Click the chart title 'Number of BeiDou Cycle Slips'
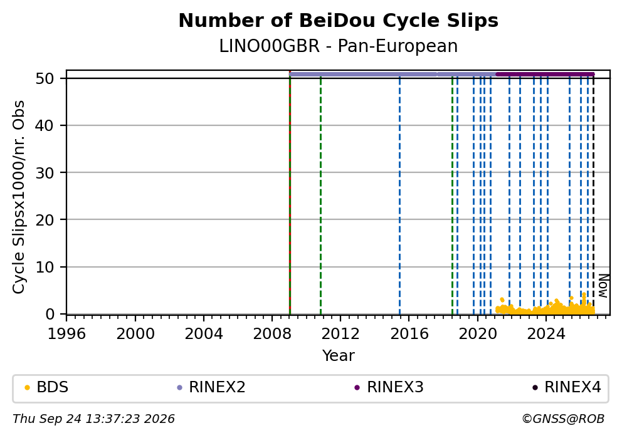point(339,21)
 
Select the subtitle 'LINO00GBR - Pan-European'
point(339,46)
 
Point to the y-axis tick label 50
point(45,78)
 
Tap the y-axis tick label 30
point(45,173)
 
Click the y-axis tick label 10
point(45,267)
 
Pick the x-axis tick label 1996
point(66,334)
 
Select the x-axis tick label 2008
point(272,334)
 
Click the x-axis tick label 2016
point(409,334)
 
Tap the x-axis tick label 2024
point(546,334)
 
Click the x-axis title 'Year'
point(339,355)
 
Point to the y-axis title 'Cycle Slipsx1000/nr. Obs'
point(19,197)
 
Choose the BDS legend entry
point(46,387)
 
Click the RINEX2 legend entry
point(211,387)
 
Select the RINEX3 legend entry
point(389,387)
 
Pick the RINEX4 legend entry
point(566,387)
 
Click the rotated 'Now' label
point(603,285)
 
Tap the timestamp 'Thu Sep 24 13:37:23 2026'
point(93,419)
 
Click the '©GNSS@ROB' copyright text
point(563,419)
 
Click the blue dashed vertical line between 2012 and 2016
point(399,195)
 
